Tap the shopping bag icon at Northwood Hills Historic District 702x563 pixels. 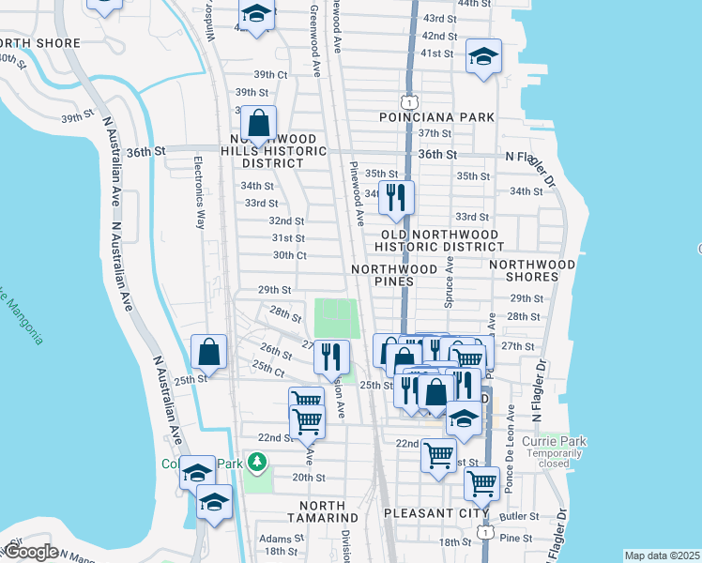tap(257, 123)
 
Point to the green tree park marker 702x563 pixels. tap(255, 462)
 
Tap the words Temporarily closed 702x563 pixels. tap(561, 458)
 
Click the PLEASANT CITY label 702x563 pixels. tap(436, 514)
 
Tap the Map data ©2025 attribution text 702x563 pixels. tap(662, 555)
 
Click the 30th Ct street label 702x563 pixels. tap(289, 255)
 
